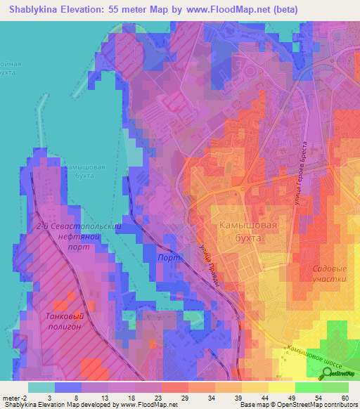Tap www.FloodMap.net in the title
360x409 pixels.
(237, 10)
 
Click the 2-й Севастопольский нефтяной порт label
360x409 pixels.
(79, 232)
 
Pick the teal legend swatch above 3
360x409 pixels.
(41, 387)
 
